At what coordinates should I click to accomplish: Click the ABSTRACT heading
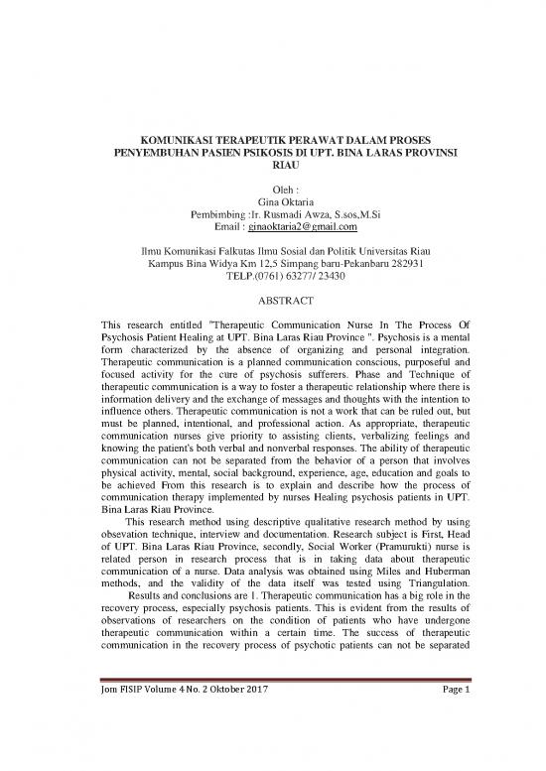click(x=272, y=300)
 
